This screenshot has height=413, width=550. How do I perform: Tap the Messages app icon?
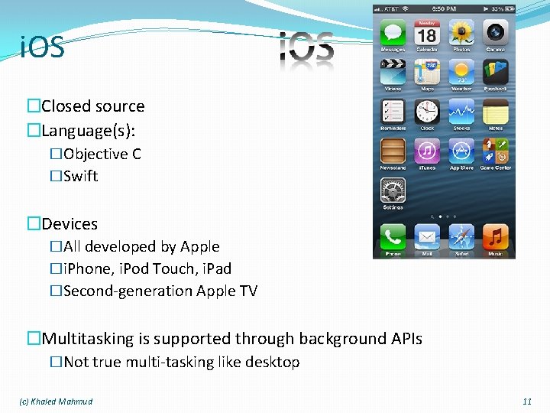click(x=393, y=33)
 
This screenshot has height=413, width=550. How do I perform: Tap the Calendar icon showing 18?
click(x=426, y=33)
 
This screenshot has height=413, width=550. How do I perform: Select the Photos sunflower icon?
click(x=461, y=33)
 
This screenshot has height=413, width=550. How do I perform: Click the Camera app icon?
click(x=495, y=33)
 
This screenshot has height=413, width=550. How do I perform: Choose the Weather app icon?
click(x=461, y=73)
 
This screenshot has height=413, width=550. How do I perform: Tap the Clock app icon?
click(x=426, y=112)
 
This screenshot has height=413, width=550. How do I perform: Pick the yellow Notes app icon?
click(x=495, y=112)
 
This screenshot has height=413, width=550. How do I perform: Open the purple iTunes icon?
click(x=426, y=152)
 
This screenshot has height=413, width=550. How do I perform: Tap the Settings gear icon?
click(x=393, y=191)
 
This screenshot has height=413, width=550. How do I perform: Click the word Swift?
click(x=80, y=176)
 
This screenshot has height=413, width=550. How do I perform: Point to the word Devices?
click(x=70, y=224)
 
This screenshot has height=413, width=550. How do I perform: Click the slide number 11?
click(x=526, y=402)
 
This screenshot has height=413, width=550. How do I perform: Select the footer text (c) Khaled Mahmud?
click(x=56, y=402)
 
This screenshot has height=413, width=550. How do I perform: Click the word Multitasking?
click(x=87, y=339)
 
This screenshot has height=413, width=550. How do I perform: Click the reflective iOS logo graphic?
click(x=306, y=50)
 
